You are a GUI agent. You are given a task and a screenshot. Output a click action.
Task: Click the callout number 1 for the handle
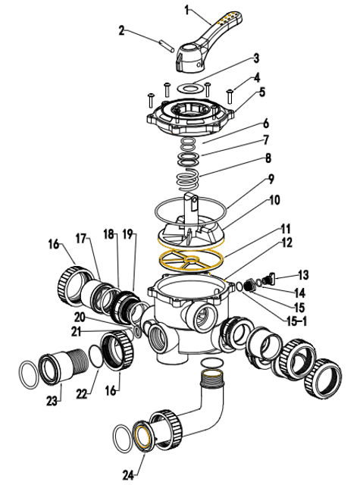click(186, 10)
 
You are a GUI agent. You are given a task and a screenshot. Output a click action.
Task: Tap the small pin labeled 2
click(167, 46)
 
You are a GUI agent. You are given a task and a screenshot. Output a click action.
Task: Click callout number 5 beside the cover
click(262, 92)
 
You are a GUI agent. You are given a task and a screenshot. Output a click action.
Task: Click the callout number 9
click(271, 180)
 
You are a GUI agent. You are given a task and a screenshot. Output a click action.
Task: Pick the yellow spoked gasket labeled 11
click(191, 261)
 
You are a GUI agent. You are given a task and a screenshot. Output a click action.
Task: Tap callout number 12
click(286, 242)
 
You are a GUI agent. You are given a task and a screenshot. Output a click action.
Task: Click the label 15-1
click(296, 321)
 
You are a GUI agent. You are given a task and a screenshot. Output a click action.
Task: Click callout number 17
click(81, 239)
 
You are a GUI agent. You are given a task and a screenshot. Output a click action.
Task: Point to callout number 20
click(80, 317)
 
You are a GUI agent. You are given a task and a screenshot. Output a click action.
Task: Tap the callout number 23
click(52, 401)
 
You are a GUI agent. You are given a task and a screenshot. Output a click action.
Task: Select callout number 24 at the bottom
click(128, 475)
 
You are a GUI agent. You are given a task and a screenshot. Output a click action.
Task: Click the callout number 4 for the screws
click(257, 77)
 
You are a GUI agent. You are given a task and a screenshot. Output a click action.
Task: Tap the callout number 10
click(274, 200)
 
